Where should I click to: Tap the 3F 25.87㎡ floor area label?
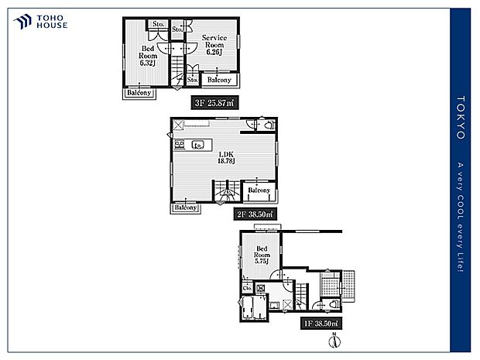click(215, 101)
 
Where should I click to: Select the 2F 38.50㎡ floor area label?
click(255, 211)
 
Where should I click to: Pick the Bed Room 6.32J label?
click(148, 56)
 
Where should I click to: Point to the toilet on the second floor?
click(268, 125)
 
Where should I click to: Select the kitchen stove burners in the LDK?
click(180, 144)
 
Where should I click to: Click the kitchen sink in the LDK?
click(197, 144)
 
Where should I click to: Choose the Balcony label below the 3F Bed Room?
click(140, 93)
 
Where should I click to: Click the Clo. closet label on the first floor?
click(247, 289)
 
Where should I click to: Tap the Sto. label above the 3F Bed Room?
click(158, 25)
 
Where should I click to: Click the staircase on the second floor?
click(228, 192)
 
